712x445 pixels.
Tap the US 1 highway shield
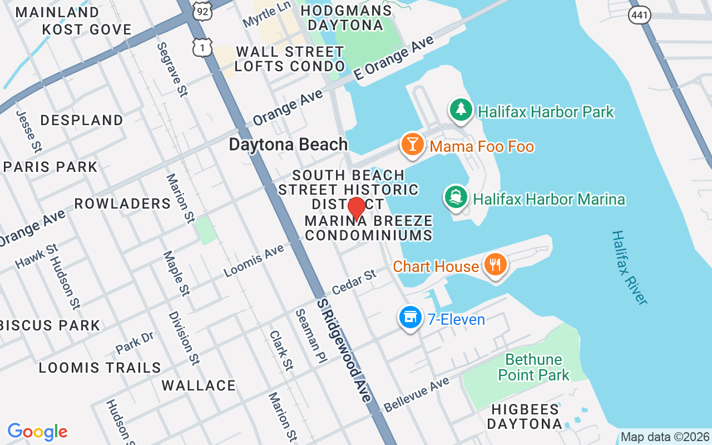pos(202,47)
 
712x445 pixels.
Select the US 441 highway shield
pos(640,15)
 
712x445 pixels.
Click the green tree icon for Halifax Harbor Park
pos(461,110)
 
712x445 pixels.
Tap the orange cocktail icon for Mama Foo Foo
pos(412,145)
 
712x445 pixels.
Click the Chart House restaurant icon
pos(495,265)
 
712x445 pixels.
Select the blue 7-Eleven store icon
pos(410,318)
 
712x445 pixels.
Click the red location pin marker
pos(356,209)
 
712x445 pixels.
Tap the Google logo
pos(37,432)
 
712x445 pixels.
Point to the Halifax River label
pos(629,267)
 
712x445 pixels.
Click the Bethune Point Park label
pos(533,367)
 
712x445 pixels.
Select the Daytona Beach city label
pos(288,145)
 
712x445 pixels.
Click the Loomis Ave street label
pos(254,261)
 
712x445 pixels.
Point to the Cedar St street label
pos(354,283)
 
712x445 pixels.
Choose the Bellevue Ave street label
pos(416,394)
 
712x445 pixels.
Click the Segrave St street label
pos(171,70)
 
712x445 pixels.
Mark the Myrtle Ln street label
pos(267,14)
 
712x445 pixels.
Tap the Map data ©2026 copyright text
pos(665,437)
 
